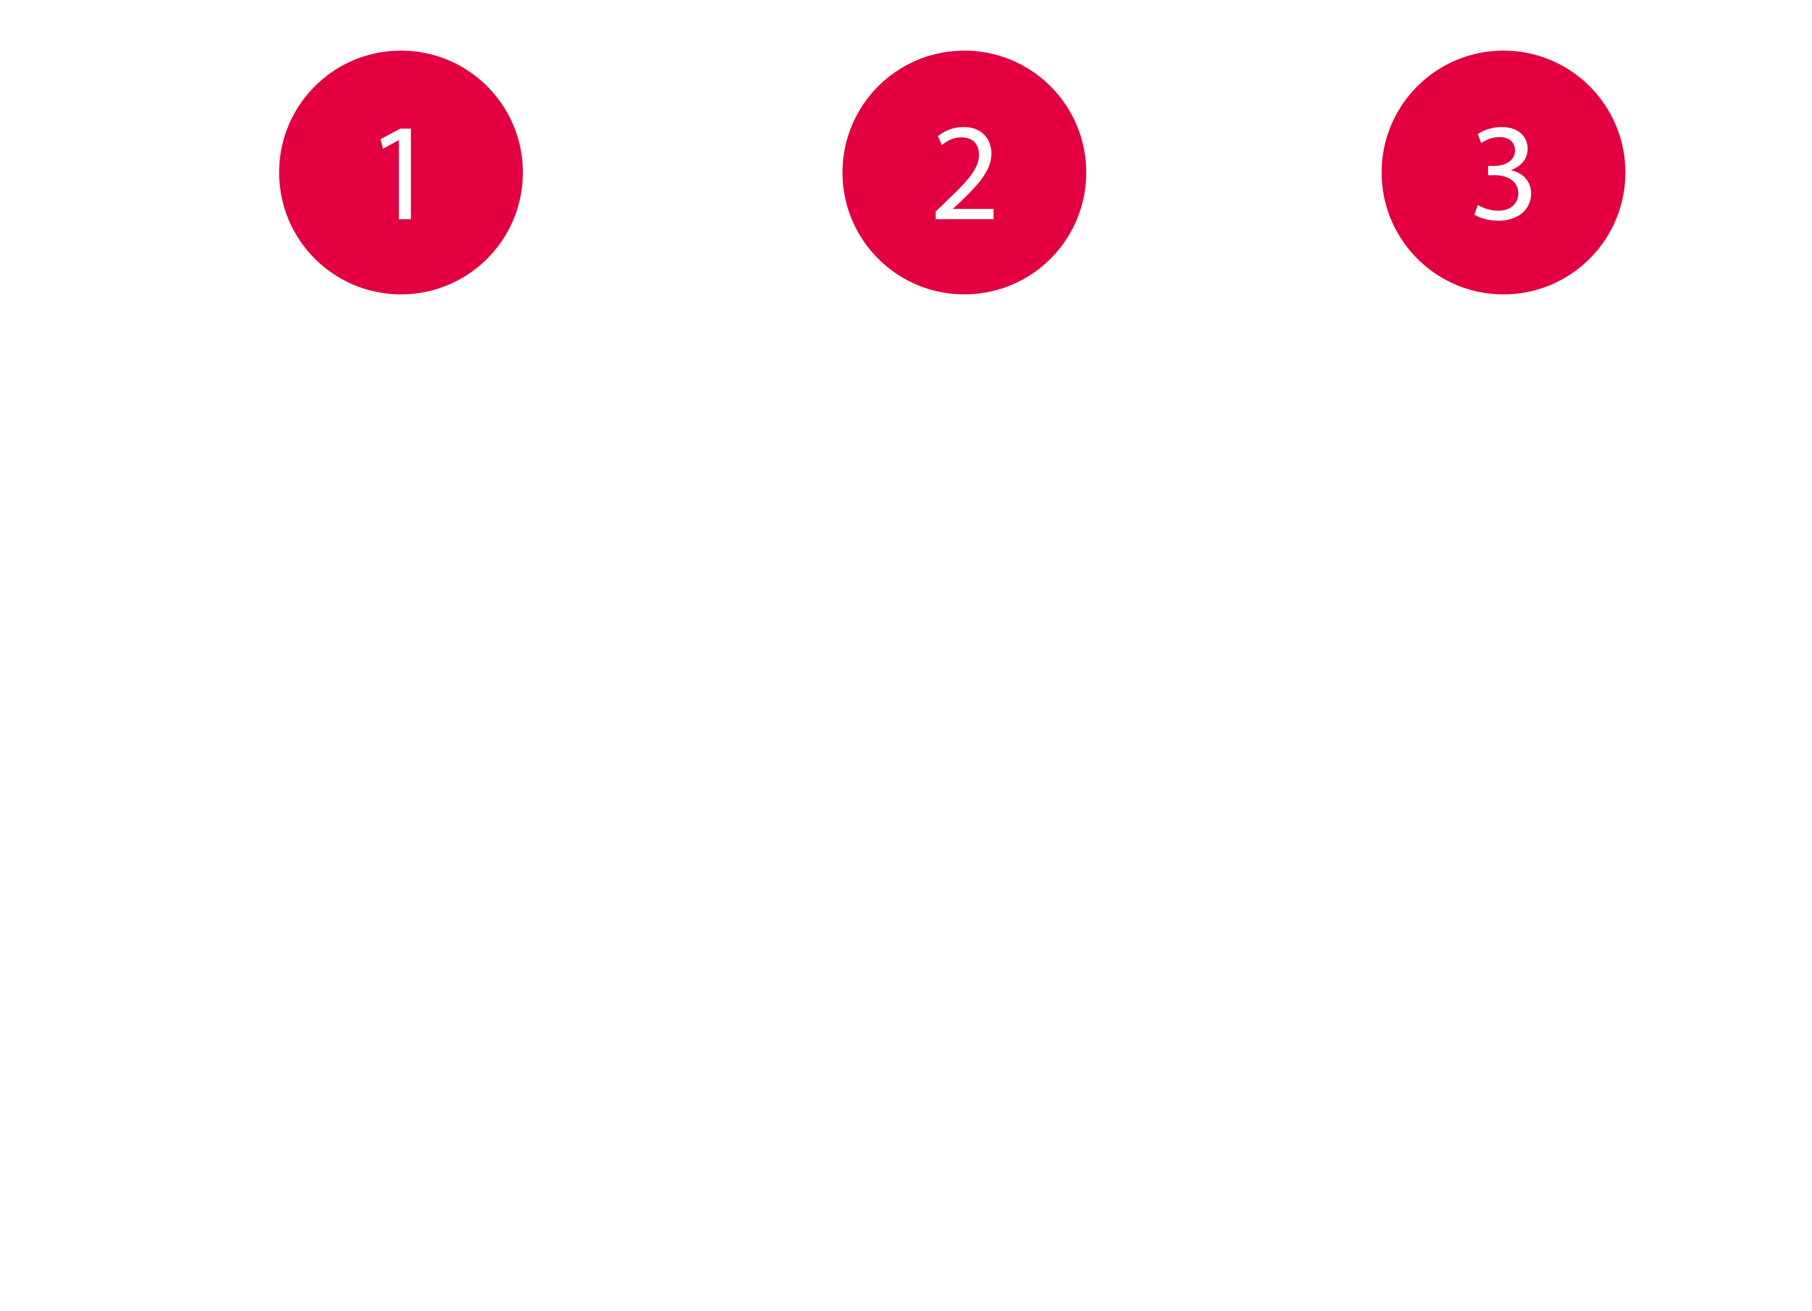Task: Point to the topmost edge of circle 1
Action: [401, 51]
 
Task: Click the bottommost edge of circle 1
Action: [401, 294]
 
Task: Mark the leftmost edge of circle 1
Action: [280, 172]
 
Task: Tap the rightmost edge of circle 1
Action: [523, 172]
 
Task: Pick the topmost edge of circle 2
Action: [964, 51]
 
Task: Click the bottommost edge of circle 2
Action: [964, 294]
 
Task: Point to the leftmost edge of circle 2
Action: [843, 172]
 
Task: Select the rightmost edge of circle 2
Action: [1086, 172]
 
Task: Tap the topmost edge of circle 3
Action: [1503, 51]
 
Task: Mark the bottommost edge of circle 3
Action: [1503, 294]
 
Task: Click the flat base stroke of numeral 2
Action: [964, 214]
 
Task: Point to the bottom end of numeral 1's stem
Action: [405, 216]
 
